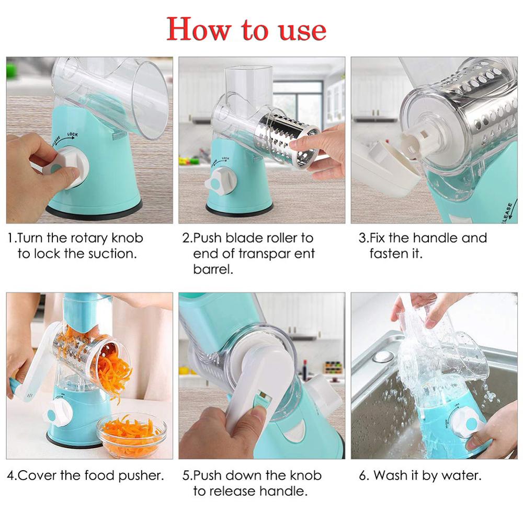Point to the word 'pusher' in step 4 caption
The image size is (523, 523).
[x=142, y=476]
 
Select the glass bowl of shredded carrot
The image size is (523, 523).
[x=131, y=434]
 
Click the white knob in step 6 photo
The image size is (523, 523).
[x=469, y=424]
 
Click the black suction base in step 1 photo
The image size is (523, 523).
[x=94, y=210]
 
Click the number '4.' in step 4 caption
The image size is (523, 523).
[x=12, y=476]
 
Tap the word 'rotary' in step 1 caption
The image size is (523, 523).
[x=90, y=238]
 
